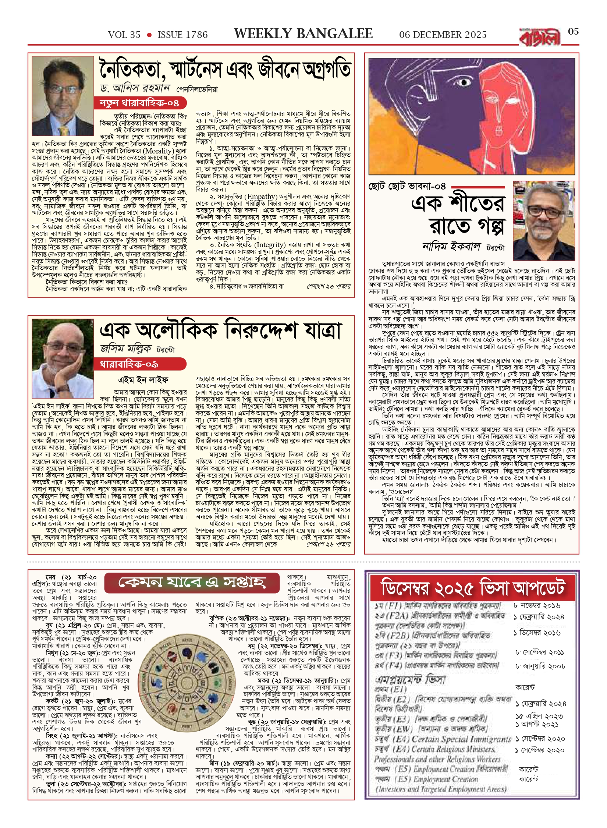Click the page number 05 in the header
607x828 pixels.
pos(573,32)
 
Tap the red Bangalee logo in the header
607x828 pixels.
pos(540,37)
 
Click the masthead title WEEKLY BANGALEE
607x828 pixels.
pos(303,34)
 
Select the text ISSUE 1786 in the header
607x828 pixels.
pos(182,35)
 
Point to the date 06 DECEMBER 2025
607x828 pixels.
pos(443,35)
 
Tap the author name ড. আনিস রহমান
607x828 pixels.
pos(135,88)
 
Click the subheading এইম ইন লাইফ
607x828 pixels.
pos(143,379)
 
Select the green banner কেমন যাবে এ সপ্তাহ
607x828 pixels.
pos(192,583)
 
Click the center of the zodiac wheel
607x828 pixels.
pos(187,683)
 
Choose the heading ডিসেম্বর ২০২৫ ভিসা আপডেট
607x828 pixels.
pos(472,588)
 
